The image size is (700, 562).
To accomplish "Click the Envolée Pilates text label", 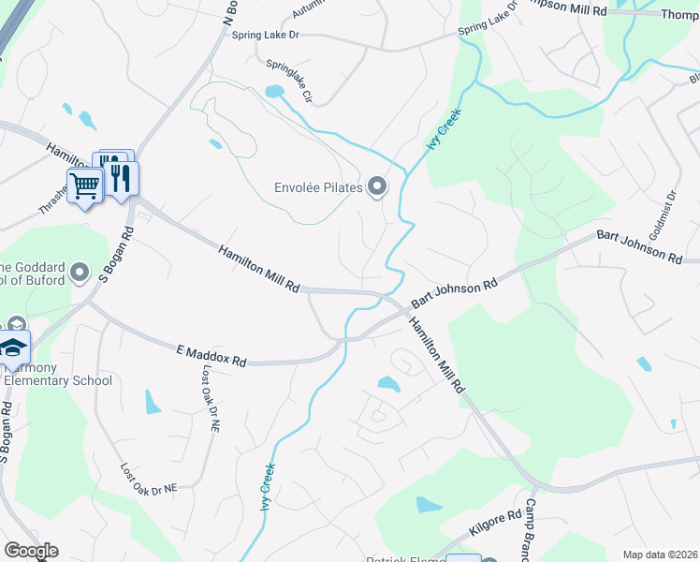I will [317, 187].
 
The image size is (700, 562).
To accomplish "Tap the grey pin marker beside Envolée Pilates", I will [377, 187].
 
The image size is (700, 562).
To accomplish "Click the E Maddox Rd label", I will [211, 355].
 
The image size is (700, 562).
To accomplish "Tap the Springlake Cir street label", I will [288, 82].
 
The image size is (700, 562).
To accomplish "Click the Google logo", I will [31, 551].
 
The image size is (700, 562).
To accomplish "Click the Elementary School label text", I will [58, 380].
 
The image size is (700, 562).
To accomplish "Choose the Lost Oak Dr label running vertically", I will [210, 398].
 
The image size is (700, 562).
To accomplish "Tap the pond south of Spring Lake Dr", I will [273, 92].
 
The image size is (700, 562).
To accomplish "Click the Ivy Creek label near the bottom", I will [267, 486].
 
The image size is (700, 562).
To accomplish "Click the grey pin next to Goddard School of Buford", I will [80, 273].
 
